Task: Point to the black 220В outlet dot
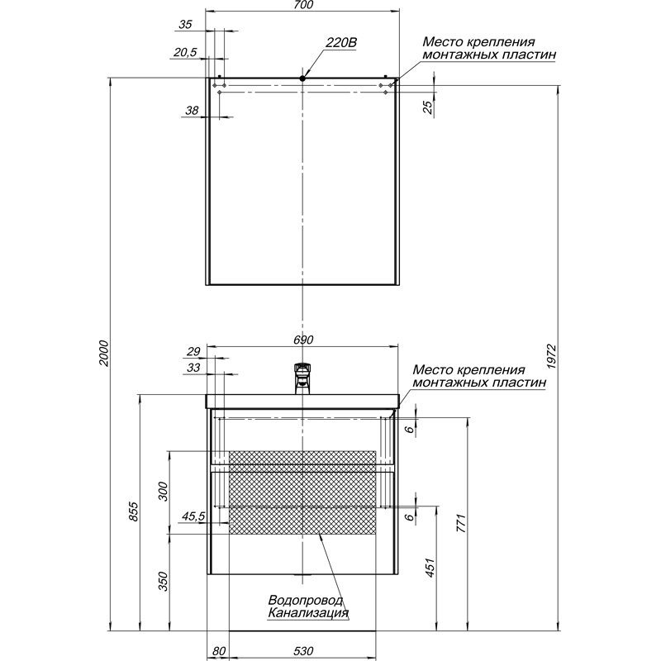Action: tap(303, 78)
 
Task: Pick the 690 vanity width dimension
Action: tap(303, 340)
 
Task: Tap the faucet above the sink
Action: tap(302, 378)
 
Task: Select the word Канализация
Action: tap(307, 614)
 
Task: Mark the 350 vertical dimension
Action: tap(163, 583)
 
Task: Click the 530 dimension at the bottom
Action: tap(303, 651)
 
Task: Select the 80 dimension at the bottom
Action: tap(218, 651)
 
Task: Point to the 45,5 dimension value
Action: tap(193, 517)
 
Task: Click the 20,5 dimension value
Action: tap(185, 53)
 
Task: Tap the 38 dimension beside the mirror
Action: tap(192, 111)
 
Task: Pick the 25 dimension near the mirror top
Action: tap(427, 107)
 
